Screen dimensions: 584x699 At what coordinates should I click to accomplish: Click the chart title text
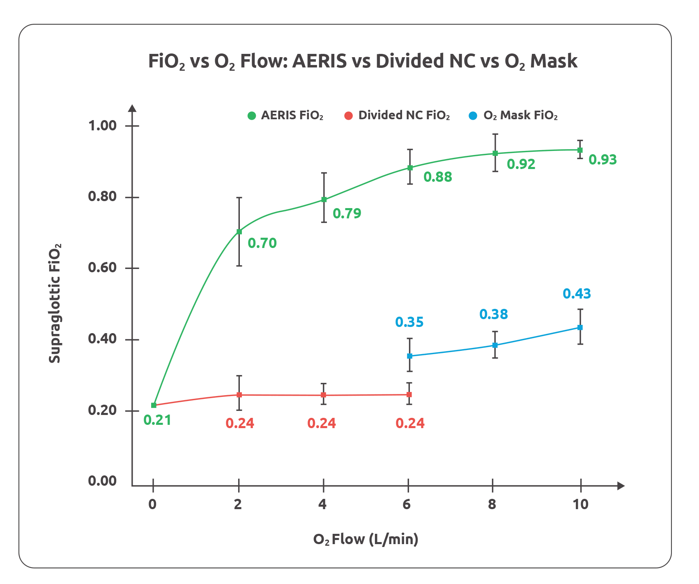click(363, 61)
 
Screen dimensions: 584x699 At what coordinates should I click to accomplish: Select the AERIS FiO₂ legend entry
click(286, 116)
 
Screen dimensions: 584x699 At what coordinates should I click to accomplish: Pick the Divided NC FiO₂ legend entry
click(397, 116)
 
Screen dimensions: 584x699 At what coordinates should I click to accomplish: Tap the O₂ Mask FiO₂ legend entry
click(513, 116)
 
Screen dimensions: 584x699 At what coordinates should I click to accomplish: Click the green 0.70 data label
click(262, 243)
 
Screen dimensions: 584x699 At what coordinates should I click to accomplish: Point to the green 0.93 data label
click(602, 160)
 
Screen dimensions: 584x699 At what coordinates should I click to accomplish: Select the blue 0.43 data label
click(577, 294)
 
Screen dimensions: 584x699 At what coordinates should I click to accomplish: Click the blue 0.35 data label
click(409, 322)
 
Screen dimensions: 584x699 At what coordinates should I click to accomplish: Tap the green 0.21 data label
click(157, 420)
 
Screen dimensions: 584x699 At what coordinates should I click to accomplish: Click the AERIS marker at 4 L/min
click(324, 200)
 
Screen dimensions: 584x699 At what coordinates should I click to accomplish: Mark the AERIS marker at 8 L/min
click(495, 153)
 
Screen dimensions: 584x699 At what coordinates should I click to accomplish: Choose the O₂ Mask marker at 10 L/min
click(580, 327)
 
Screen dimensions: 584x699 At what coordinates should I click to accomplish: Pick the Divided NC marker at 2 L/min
click(239, 395)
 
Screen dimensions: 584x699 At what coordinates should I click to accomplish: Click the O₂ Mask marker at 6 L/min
click(409, 356)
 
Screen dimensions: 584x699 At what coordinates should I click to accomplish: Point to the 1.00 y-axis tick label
click(103, 125)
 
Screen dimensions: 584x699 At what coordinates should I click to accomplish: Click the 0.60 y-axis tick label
click(103, 268)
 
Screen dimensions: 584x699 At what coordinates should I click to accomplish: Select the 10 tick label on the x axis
click(581, 504)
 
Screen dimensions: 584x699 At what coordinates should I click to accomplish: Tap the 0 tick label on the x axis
click(153, 504)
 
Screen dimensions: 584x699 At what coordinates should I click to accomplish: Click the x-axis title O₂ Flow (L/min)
click(366, 539)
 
